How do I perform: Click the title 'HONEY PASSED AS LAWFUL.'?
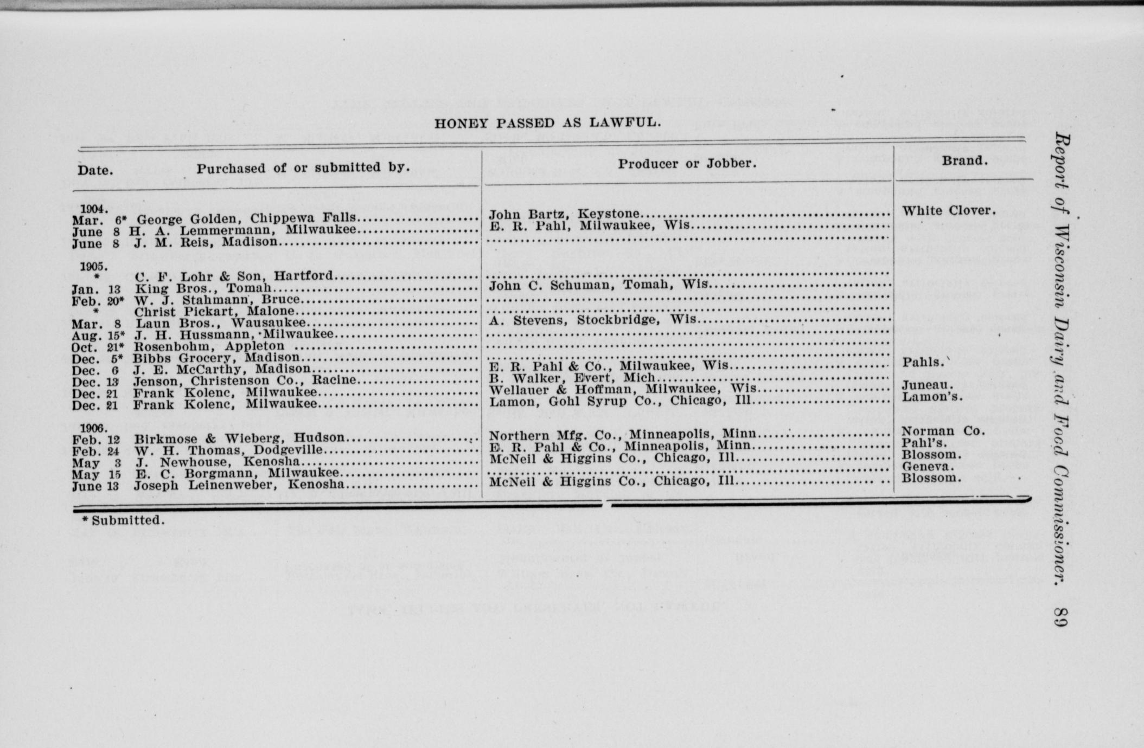(x=547, y=122)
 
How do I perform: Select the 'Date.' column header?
(x=95, y=170)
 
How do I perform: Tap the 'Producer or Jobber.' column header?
(x=687, y=163)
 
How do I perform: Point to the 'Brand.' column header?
(x=963, y=160)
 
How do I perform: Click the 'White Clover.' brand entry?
(x=949, y=210)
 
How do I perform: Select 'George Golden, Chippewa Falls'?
(x=246, y=218)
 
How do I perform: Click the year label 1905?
(x=94, y=266)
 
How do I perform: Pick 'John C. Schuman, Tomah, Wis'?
(x=599, y=285)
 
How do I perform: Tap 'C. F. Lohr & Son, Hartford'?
(x=234, y=276)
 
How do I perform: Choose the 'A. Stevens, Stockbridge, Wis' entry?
(x=592, y=320)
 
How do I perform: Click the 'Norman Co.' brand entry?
(x=943, y=431)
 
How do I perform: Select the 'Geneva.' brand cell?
(x=928, y=467)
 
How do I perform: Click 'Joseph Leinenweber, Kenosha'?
(x=239, y=485)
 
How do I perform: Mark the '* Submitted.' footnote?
(x=123, y=520)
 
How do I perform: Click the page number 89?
(x=1060, y=617)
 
